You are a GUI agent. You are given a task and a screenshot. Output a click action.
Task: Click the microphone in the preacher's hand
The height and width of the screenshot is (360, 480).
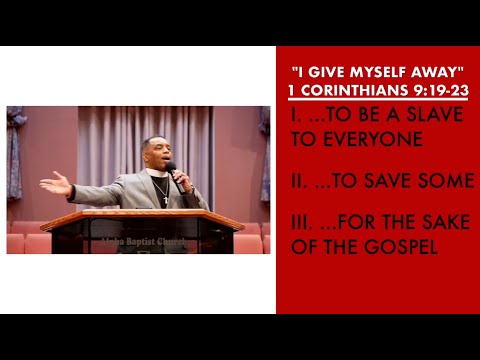coord(171,171)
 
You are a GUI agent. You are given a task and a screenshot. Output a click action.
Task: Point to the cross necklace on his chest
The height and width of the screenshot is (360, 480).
coord(166,194)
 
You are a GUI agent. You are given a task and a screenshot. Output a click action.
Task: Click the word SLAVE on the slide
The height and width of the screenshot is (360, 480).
coord(436,115)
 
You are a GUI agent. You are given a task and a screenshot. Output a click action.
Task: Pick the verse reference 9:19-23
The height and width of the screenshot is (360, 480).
coord(442,90)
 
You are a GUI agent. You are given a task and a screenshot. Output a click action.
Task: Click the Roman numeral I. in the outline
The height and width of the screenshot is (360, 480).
coord(297,115)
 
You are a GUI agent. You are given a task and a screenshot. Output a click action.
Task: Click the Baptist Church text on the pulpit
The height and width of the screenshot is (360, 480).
coord(140,240)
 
